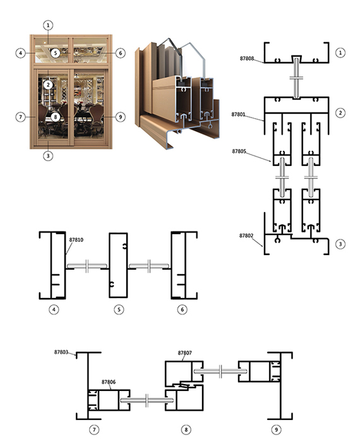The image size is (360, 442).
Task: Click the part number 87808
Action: click(x=247, y=58)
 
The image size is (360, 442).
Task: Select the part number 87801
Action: click(x=239, y=114)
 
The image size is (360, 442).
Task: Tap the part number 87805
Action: click(x=239, y=152)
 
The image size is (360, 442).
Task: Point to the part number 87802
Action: click(x=246, y=236)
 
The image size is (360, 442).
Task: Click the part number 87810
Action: click(x=76, y=240)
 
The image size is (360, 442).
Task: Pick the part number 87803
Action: click(x=61, y=352)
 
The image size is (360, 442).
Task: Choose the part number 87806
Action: click(x=109, y=382)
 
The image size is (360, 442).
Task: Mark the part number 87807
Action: click(x=184, y=353)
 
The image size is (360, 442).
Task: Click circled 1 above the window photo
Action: click(x=48, y=25)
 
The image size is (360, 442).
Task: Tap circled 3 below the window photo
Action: click(x=48, y=155)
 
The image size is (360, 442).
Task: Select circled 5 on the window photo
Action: click(x=56, y=52)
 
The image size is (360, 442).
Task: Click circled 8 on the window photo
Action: click(x=56, y=117)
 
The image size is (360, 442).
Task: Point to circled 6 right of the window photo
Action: click(x=121, y=53)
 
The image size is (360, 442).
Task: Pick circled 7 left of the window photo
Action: click(x=21, y=117)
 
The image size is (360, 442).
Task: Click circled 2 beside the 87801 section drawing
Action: click(x=340, y=113)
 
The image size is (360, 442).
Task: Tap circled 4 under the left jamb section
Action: click(x=54, y=309)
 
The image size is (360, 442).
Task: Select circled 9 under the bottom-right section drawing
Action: click(x=276, y=429)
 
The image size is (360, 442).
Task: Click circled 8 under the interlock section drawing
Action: click(x=186, y=429)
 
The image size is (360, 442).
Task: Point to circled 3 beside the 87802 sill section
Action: click(x=340, y=244)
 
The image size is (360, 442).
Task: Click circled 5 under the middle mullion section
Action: click(x=119, y=309)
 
